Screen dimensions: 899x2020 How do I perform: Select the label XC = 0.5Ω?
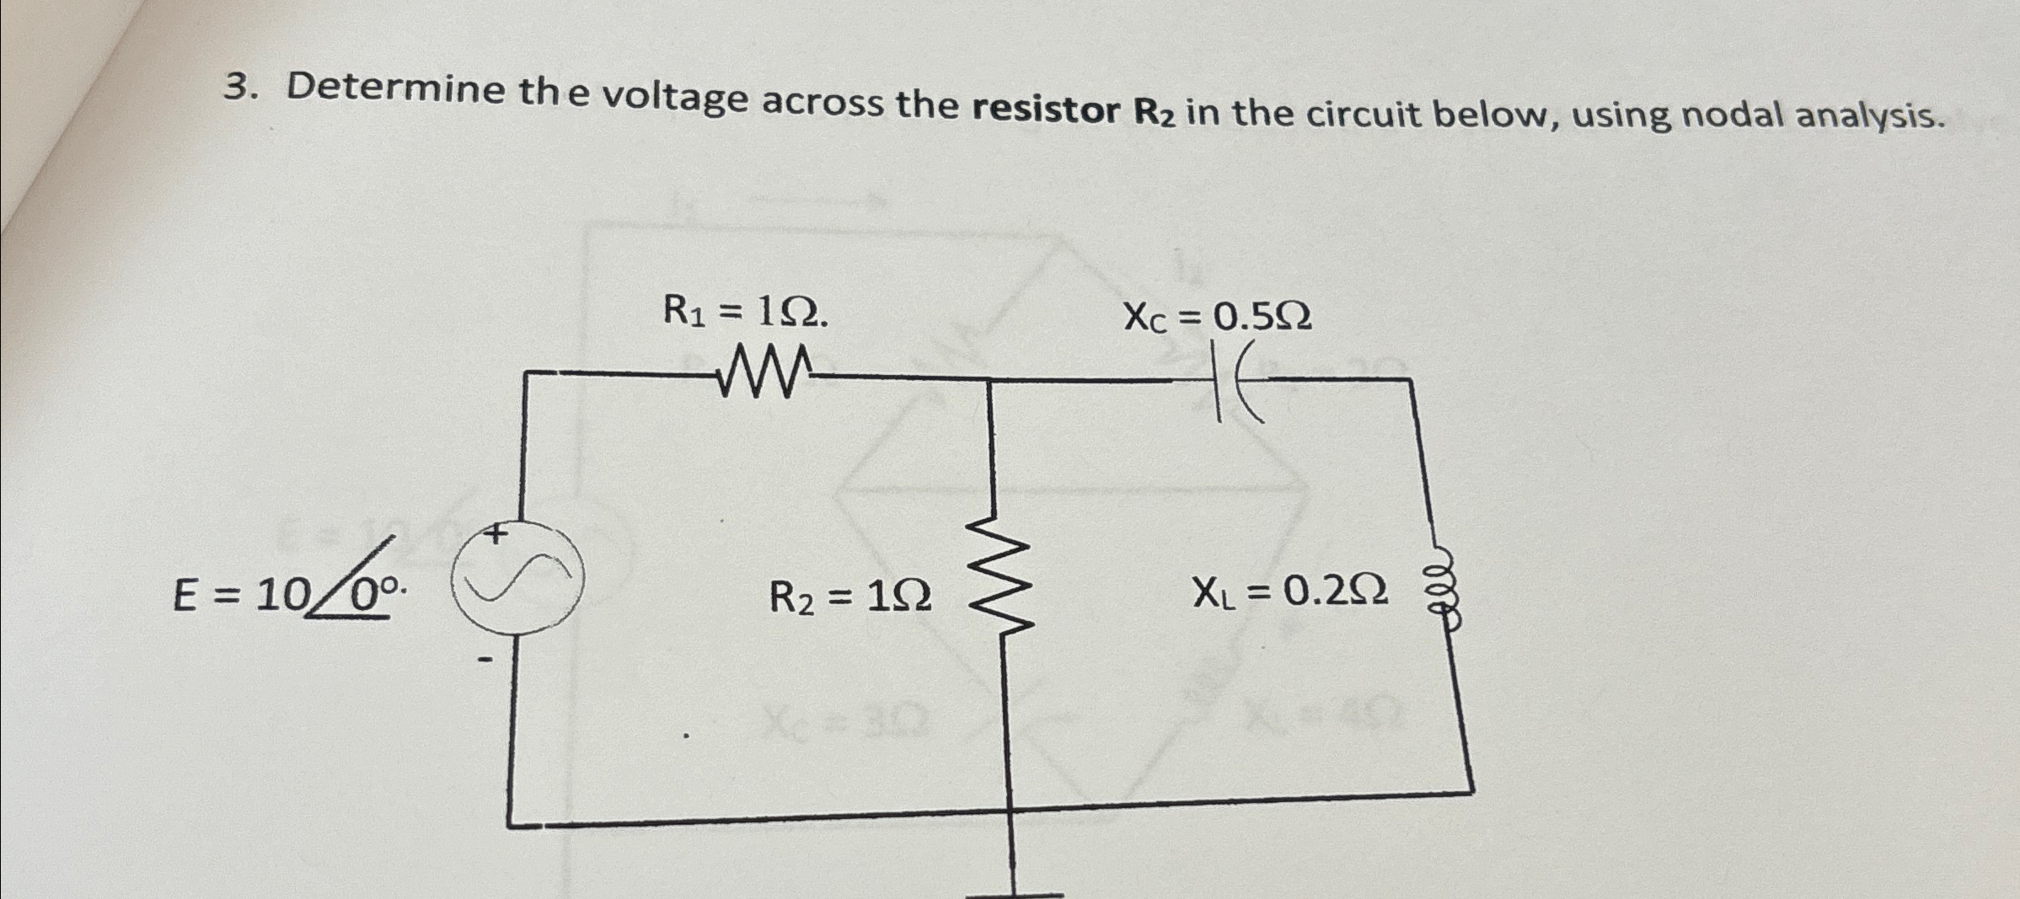point(1217,318)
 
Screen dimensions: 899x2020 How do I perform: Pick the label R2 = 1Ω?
point(850,598)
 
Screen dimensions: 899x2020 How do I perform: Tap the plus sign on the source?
point(497,533)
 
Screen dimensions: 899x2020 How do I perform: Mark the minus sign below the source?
point(484,661)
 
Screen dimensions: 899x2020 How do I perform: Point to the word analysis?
point(1872,117)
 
